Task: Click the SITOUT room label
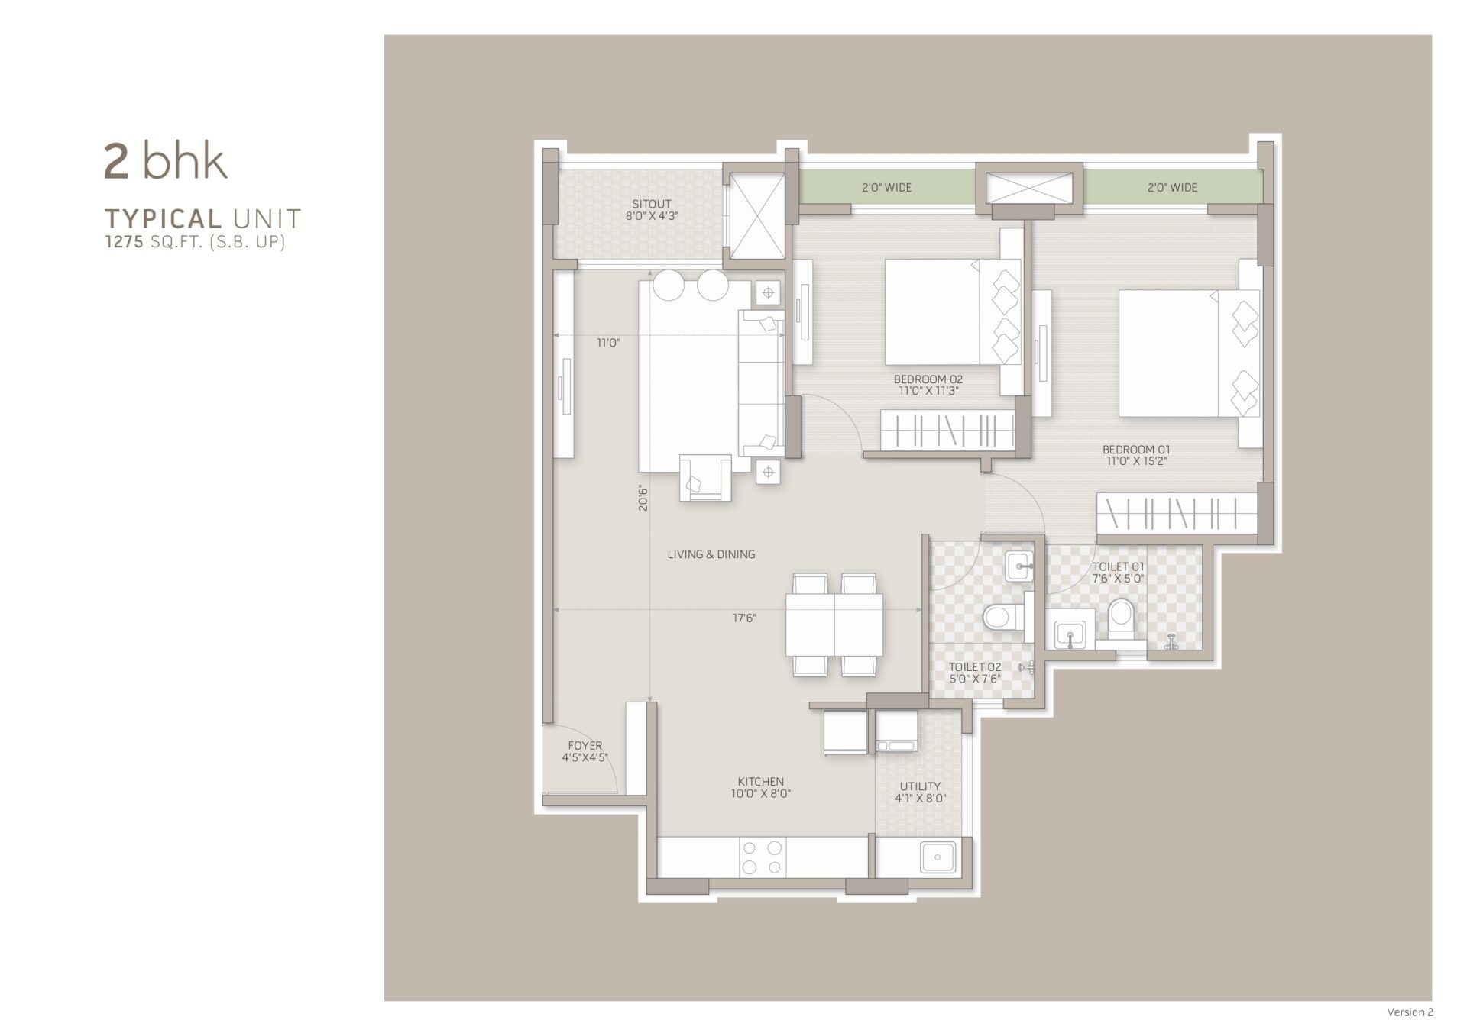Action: [652, 204]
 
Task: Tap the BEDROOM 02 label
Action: [928, 379]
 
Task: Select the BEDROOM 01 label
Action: [1136, 450]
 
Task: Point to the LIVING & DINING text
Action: [711, 554]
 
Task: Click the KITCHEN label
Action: [761, 782]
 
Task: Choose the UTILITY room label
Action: [920, 786]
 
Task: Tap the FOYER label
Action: [585, 746]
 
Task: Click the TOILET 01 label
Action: [1119, 566]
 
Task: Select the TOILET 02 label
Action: [975, 667]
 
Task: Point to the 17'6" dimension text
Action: [744, 618]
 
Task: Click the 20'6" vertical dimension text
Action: [643, 499]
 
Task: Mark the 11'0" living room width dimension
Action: [608, 344]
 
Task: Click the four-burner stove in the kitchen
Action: [763, 857]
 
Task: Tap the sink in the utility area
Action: [938, 857]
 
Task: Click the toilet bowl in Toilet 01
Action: [1121, 619]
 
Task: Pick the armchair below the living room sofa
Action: [704, 478]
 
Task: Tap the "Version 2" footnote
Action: [1410, 1012]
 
